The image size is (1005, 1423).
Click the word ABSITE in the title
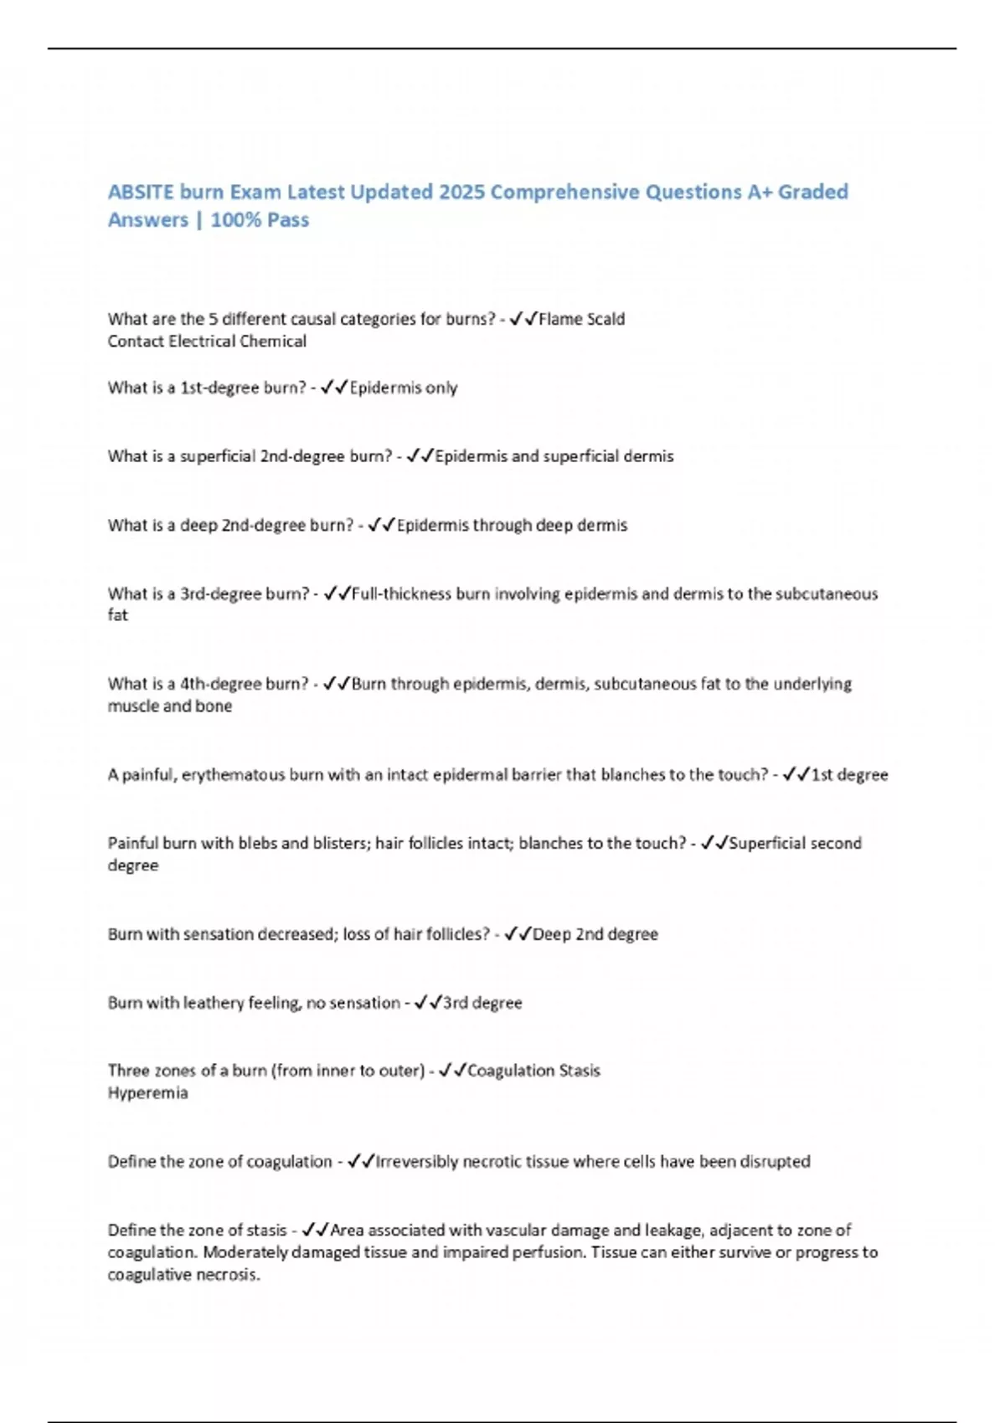click(x=141, y=193)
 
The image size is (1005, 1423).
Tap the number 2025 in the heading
click(x=461, y=193)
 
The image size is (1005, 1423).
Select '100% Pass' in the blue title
click(x=260, y=220)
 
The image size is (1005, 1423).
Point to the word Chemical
click(x=272, y=342)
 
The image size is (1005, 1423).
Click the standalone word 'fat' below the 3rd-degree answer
click(x=118, y=615)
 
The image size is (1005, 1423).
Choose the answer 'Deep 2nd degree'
click(x=595, y=934)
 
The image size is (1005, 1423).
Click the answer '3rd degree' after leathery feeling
click(x=482, y=1003)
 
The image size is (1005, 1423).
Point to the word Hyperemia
click(x=147, y=1093)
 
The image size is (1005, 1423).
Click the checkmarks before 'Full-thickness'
click(x=336, y=594)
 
